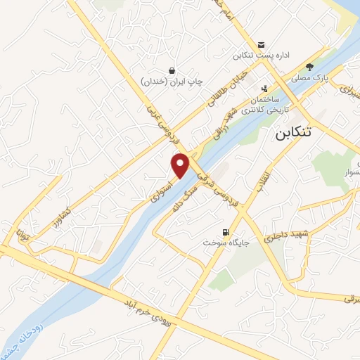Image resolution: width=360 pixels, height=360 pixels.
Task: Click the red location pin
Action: tap(181, 165)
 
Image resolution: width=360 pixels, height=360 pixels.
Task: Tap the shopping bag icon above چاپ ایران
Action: tap(172, 70)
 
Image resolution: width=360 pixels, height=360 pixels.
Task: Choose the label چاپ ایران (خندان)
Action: tap(172, 82)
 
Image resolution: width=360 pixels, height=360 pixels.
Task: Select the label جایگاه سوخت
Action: tap(222, 242)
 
